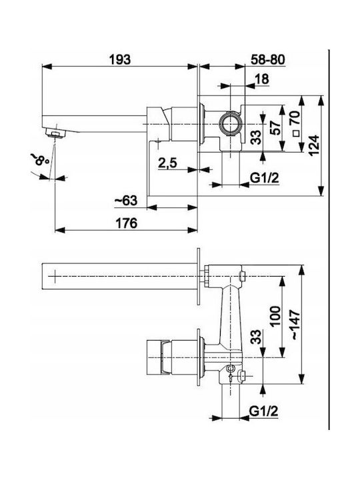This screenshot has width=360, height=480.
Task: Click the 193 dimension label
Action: click(120, 59)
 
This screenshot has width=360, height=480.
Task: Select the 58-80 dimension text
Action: click(267, 60)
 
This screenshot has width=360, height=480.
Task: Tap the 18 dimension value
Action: click(262, 79)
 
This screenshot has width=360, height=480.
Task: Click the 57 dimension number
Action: click(276, 128)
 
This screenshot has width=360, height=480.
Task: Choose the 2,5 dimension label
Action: click(167, 163)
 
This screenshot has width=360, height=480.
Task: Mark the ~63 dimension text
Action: click(126, 201)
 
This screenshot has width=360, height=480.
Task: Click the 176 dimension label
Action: click(126, 223)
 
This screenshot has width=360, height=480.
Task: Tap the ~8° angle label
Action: click(40, 159)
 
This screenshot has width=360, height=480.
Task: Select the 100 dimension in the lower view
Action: click(275, 316)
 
